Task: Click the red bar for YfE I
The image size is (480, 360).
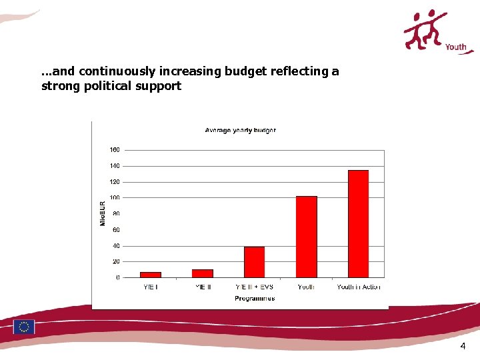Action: point(150,274)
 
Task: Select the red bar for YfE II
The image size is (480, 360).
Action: point(202,273)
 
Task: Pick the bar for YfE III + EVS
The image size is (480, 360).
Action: point(254,262)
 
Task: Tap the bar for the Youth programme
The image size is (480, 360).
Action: point(306,237)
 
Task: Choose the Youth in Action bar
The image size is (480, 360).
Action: point(358,223)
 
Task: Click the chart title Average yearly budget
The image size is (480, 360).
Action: point(240,130)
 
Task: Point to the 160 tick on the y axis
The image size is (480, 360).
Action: point(115,149)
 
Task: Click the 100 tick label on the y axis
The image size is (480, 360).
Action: point(115,197)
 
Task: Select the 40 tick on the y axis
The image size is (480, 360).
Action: point(116,245)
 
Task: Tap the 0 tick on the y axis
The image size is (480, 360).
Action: point(117,277)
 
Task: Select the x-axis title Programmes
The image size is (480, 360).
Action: point(254,299)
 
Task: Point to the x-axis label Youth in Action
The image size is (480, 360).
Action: point(359,287)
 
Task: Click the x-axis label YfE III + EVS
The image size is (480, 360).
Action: point(254,287)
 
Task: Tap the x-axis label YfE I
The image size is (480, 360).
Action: point(150,287)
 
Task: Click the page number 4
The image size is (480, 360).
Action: point(463,346)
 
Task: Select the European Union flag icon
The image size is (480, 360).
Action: point(25,327)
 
